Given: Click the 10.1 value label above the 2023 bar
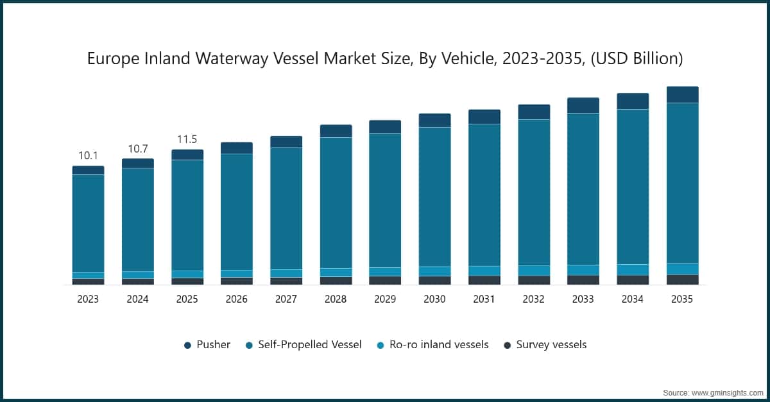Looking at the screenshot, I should tap(88, 156).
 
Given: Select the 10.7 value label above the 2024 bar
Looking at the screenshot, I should tap(137, 149).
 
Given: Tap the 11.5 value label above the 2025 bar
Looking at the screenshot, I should tap(187, 139).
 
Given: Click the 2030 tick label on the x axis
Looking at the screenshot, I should tap(434, 299).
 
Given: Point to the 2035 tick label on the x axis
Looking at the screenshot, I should tap(681, 299).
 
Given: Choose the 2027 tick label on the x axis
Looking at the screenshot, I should tap(286, 299).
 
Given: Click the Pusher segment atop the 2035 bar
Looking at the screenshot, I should tap(682, 95).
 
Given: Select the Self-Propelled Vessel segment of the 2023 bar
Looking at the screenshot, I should tap(88, 223).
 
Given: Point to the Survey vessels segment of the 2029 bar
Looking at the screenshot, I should tap(385, 280).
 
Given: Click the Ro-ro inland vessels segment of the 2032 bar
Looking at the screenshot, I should tap(534, 271).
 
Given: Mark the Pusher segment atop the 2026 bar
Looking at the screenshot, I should tap(237, 148).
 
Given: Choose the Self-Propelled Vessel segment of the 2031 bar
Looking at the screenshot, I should tap(484, 195).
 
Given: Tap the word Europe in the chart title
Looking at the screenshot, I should tap(113, 60).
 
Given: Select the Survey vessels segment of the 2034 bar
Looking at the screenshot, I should tap(633, 280).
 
